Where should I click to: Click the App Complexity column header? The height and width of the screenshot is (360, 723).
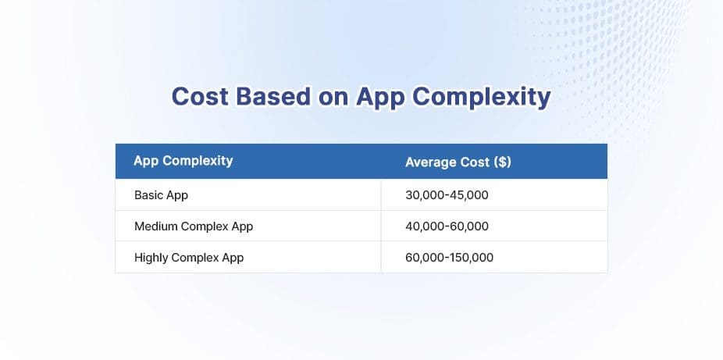pos(183,162)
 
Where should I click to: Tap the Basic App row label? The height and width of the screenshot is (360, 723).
pos(161,195)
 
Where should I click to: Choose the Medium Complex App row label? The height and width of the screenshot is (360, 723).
pos(194,226)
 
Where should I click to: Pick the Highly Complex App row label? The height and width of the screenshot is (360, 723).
pos(189,258)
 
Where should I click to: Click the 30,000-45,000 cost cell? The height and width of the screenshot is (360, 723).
pos(447,195)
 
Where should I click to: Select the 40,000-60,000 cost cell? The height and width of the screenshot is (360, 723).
pos(447,226)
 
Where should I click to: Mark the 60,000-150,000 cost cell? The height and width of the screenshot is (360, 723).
pos(450,258)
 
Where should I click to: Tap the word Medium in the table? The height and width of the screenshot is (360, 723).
pos(155,226)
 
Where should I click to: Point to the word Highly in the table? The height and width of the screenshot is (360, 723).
pos(151,258)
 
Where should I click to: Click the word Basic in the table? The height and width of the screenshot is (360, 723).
pos(148,195)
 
